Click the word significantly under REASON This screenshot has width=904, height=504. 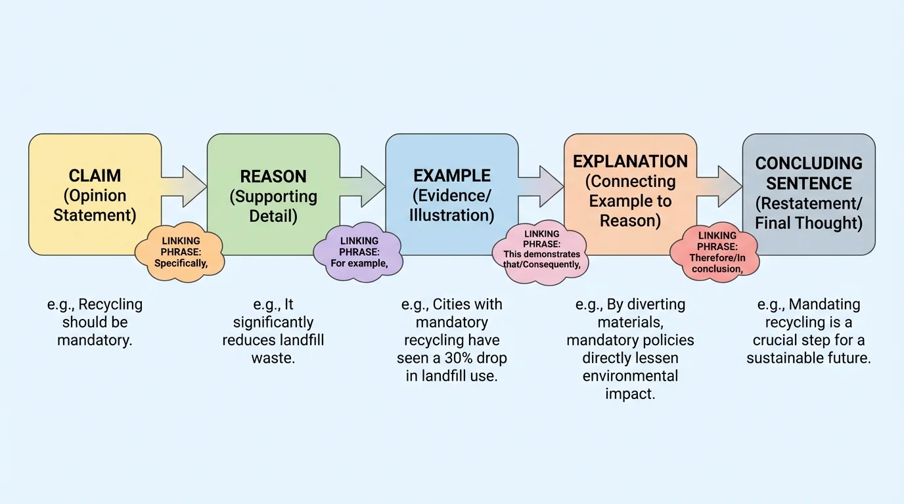coord(273,323)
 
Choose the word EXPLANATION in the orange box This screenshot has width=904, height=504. coord(630,161)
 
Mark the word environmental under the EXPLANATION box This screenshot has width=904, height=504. coord(630,377)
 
